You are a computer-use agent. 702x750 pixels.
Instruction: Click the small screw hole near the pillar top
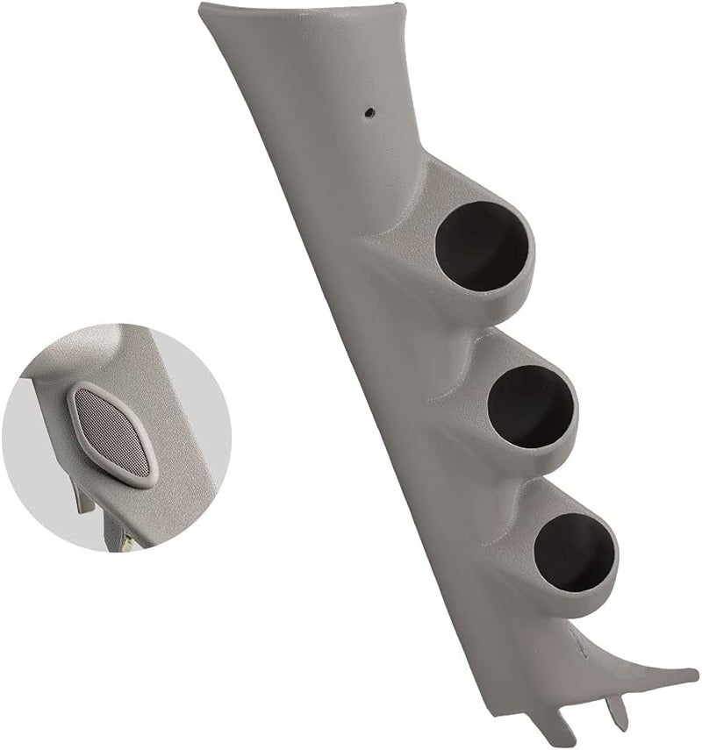pos(369,112)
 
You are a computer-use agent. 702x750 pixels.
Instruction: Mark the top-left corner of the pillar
pos(201,7)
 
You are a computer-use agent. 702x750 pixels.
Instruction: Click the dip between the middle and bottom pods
pos(509,482)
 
